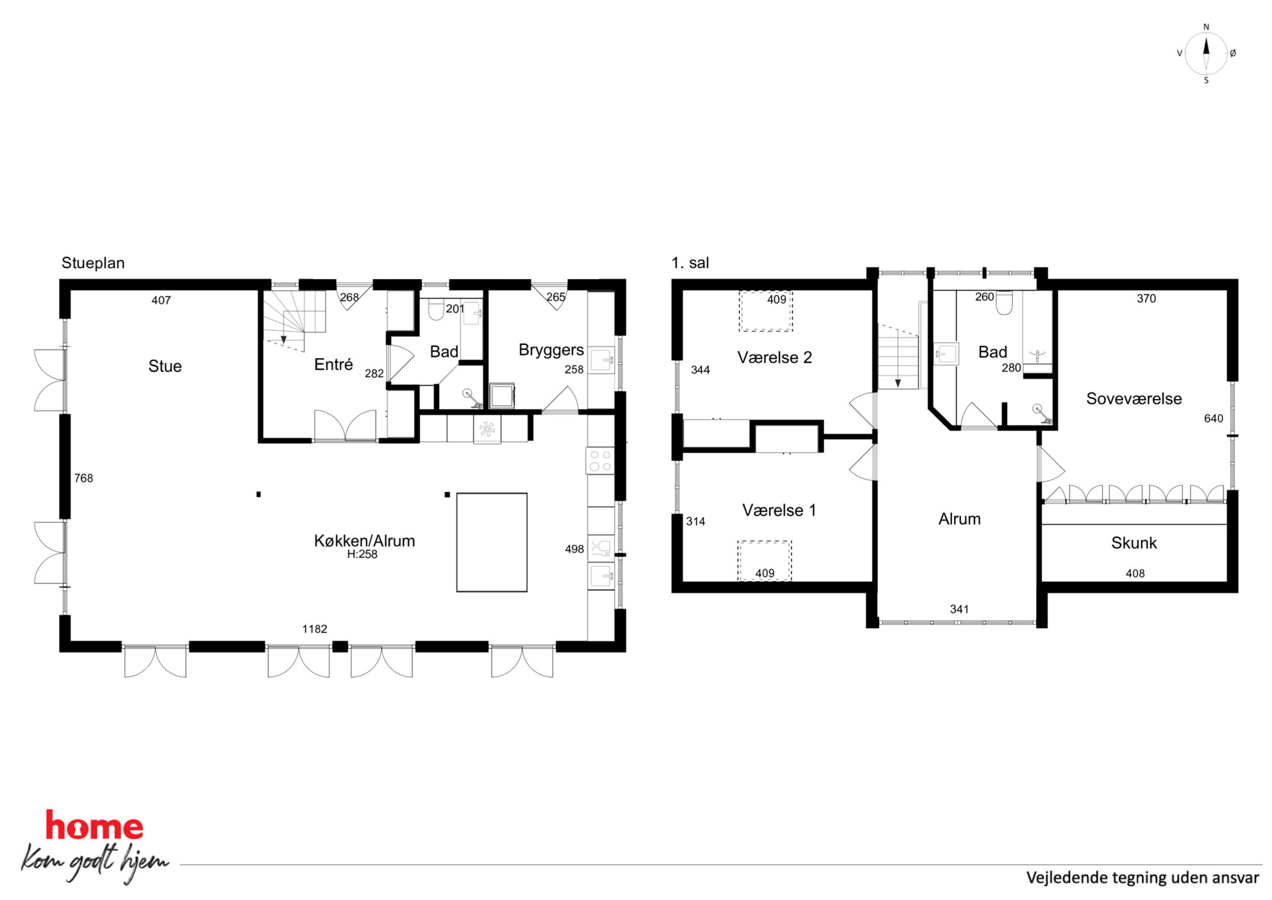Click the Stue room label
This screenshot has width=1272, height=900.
point(165,366)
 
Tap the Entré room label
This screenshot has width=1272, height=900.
point(333,364)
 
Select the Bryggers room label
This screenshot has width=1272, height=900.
point(551,350)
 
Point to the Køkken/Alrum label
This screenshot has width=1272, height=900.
point(364,541)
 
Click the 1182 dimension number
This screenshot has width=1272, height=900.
point(315,629)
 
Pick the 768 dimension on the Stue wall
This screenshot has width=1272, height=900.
point(83,478)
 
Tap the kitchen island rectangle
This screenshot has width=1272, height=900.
point(492,542)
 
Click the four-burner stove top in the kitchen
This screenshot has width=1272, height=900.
point(599,461)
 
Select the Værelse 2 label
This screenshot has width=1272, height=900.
point(774,357)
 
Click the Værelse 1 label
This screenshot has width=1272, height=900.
point(779,510)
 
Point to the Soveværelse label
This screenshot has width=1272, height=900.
point(1134,398)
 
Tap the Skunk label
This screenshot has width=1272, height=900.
point(1134,543)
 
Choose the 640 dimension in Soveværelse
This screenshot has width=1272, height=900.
point(1213,418)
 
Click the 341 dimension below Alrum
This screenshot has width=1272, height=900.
point(959,609)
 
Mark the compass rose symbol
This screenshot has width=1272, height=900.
point(1206,54)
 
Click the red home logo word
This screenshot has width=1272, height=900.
point(94,826)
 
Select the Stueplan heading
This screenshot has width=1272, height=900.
point(93,263)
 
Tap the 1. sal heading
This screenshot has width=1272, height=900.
point(690,263)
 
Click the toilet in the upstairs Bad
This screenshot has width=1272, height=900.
point(1004,303)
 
